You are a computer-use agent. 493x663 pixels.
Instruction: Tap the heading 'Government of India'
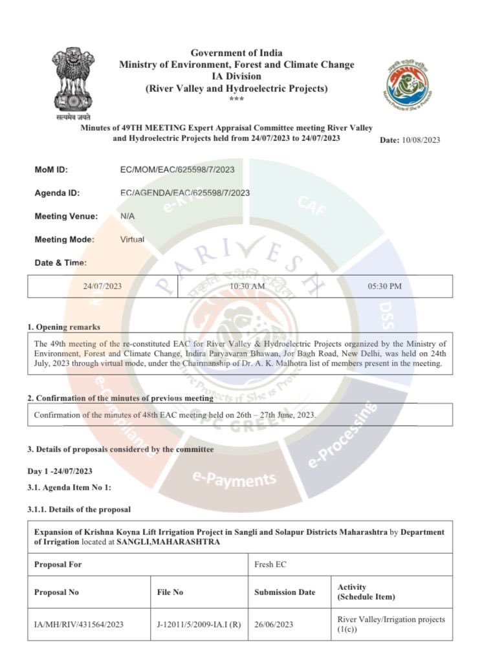[x=236, y=52]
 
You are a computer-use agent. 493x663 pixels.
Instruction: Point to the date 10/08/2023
[x=421, y=140]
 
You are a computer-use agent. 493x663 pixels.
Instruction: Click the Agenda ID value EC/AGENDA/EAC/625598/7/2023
[x=184, y=193]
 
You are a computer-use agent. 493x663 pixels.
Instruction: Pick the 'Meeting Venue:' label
[x=66, y=216]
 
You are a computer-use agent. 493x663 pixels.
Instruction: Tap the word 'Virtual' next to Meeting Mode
[x=132, y=239]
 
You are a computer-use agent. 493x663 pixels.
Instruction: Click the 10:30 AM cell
[x=247, y=286]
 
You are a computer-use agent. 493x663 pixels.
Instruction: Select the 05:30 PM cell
[x=384, y=286]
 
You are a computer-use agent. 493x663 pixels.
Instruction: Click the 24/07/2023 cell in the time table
[x=102, y=286]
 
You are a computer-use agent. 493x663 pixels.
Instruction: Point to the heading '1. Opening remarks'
[x=63, y=327]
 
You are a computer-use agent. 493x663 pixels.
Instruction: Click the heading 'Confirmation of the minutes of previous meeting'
[x=124, y=398]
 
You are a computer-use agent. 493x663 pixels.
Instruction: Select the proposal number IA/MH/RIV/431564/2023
[x=78, y=624]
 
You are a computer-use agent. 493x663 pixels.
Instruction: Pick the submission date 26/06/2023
[x=274, y=624]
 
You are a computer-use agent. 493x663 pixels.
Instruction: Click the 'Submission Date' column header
[x=285, y=592]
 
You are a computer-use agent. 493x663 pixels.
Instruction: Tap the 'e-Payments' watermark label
[x=234, y=479]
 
